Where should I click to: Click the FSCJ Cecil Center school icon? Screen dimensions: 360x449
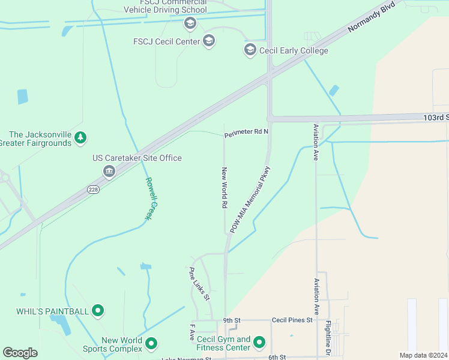209,41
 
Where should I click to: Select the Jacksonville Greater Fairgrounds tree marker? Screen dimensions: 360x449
80,139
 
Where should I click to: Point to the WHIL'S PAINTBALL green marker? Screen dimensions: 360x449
98,311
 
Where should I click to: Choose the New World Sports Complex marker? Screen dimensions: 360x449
152,343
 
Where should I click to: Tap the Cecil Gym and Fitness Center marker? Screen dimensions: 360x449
259,343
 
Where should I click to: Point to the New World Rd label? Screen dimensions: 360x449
224,188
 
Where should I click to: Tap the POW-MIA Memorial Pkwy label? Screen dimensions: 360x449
251,199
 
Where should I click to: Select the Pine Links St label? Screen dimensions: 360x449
199,284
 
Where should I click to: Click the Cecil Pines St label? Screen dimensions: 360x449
292,320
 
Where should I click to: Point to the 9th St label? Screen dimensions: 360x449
231,320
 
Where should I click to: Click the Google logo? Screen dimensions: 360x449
20,353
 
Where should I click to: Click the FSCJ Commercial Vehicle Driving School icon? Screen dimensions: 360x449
190,23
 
